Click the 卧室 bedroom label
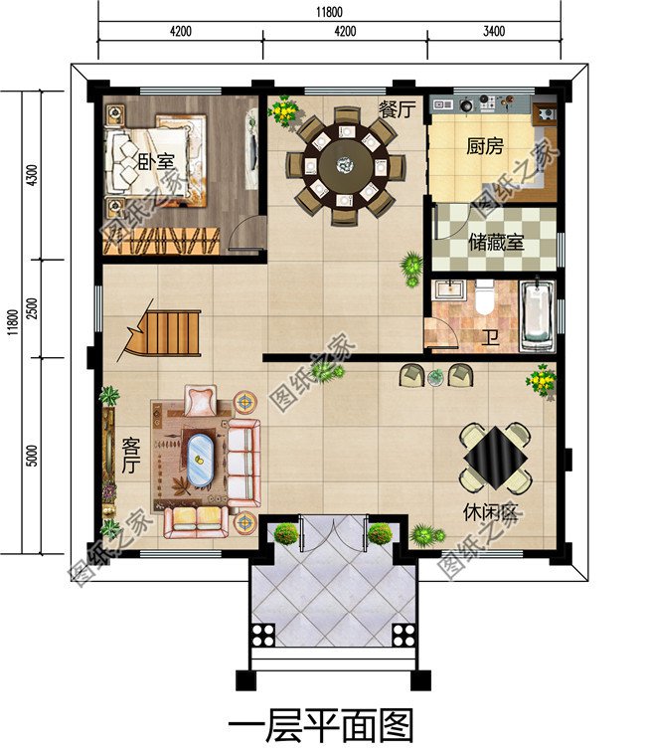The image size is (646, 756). (x=156, y=162)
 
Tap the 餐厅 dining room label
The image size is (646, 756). (x=397, y=109)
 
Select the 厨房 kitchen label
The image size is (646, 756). (x=485, y=145)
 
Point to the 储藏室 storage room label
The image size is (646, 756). (x=496, y=242)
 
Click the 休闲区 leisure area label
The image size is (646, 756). (x=490, y=512)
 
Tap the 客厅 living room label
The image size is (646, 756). (x=130, y=456)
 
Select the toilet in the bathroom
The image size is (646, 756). (x=484, y=296)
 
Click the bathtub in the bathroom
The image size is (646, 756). (x=537, y=315)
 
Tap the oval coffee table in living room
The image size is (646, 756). (x=200, y=460)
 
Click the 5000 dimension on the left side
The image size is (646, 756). (x=31, y=456)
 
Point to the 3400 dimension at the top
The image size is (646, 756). (x=493, y=32)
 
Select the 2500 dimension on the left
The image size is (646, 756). (x=31, y=308)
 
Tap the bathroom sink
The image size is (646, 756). (x=450, y=289)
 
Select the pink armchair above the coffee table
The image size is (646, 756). (x=202, y=401)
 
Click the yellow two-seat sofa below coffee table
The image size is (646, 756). (x=197, y=521)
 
